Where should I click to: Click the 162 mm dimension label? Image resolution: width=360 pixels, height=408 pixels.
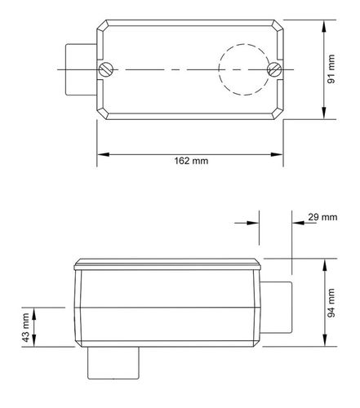point(192,161)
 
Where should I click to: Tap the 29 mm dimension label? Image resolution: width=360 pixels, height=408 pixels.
point(323,218)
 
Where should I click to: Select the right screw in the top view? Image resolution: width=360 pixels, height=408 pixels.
point(277,70)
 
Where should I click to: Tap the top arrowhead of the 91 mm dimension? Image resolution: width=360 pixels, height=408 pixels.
point(326,22)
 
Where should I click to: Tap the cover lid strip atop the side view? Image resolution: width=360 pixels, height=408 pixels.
point(167,264)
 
